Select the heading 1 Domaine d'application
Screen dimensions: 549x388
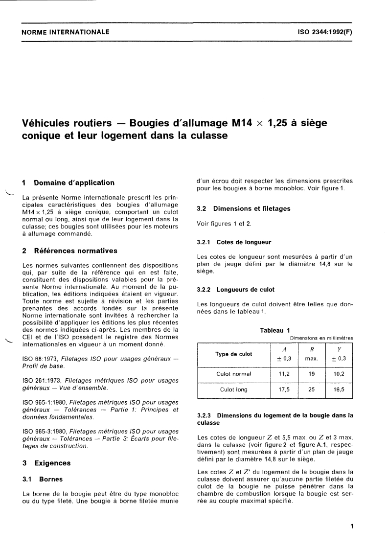pos(68,183)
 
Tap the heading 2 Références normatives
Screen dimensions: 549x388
pos(70,251)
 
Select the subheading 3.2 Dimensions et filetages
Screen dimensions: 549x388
pos(243,208)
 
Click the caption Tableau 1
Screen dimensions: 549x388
pos(274,330)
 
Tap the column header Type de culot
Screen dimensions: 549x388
pos(234,354)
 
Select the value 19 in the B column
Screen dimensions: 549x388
pos(312,374)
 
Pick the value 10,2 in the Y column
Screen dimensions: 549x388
pos(339,374)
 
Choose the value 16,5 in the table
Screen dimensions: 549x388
pos(339,390)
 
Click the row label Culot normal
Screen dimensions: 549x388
pos(234,374)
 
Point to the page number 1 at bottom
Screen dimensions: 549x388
pos(352,526)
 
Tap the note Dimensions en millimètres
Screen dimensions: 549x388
pos(321,338)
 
